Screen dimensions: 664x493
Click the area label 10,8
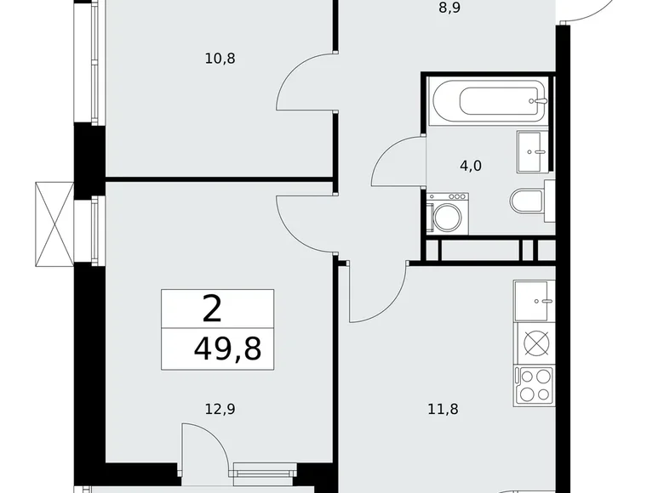point(220,59)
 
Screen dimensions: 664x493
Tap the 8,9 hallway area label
point(449,8)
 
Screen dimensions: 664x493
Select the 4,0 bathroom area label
point(471,166)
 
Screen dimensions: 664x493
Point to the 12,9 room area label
point(220,409)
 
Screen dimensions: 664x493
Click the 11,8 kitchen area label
point(443,409)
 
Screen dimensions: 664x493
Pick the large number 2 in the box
point(212,309)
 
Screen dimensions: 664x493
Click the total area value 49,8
point(227,348)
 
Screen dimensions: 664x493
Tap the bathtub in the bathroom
point(489,101)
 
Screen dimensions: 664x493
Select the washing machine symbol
point(447,213)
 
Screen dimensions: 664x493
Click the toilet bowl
point(527,201)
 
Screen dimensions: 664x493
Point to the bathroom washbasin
point(533,151)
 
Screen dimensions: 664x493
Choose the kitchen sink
point(535,301)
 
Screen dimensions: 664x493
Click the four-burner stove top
point(535,387)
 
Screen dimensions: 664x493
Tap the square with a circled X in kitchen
point(535,343)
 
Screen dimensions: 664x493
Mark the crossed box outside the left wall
point(54,224)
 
